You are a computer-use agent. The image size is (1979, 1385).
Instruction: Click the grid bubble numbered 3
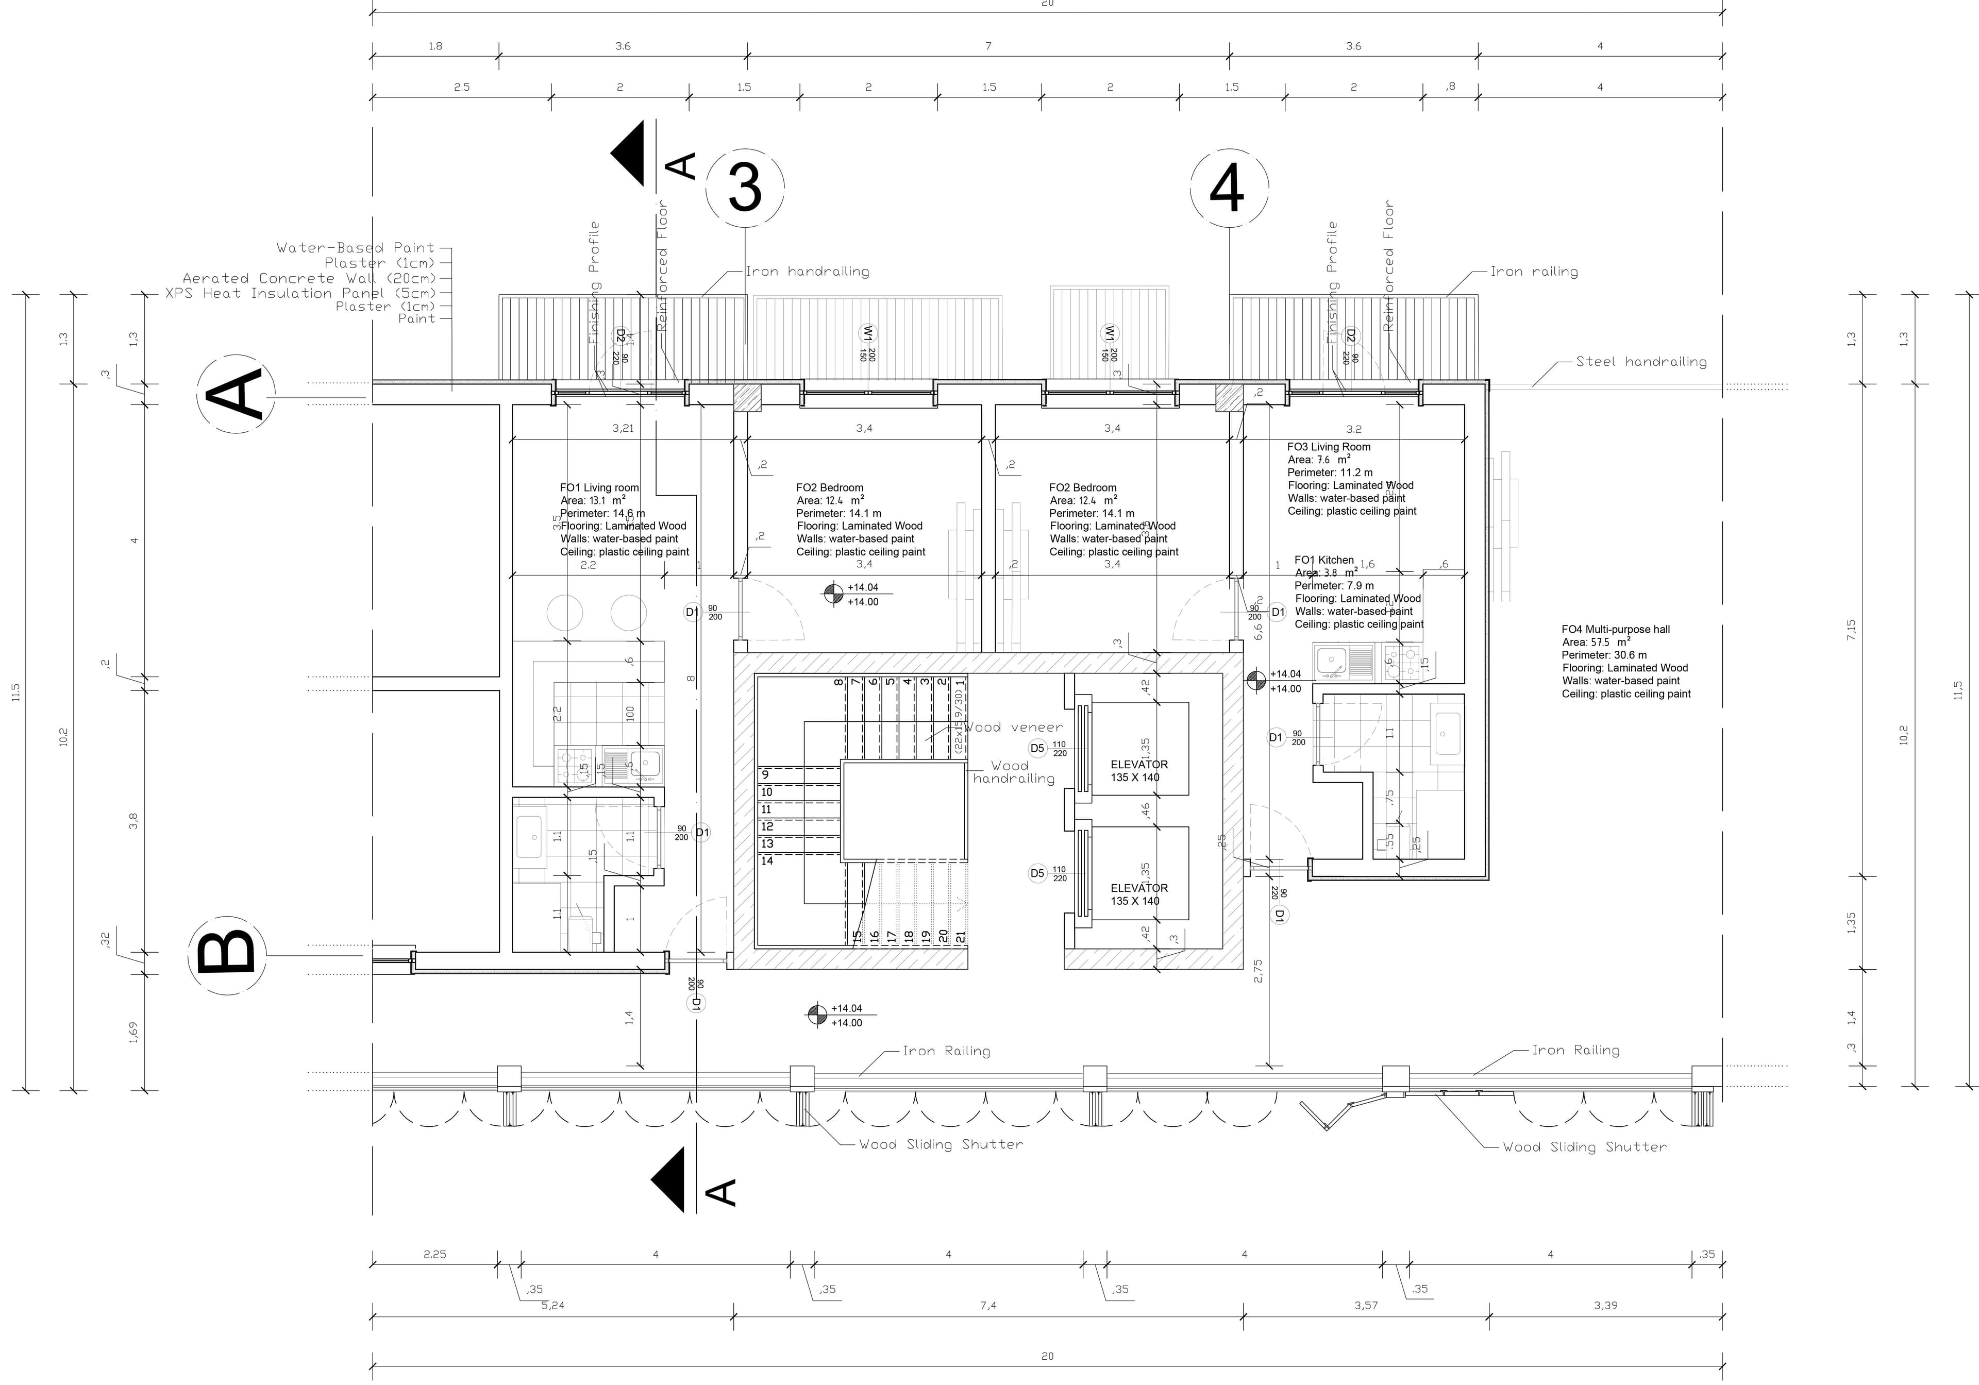pos(745,188)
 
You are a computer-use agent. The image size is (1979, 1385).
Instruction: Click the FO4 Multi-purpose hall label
pos(1615,629)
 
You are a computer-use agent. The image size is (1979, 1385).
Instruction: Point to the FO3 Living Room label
pos(1328,446)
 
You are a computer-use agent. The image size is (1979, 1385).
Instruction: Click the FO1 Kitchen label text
pos(1324,560)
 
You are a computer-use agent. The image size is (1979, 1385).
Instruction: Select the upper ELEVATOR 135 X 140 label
pos(1138,770)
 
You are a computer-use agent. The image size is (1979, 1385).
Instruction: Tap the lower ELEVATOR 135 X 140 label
pos(1138,894)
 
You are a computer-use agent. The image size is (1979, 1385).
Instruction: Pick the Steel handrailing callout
pos(1641,362)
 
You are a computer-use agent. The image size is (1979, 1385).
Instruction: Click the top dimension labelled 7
pos(988,46)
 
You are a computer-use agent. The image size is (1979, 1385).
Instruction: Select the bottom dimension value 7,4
pos(988,1306)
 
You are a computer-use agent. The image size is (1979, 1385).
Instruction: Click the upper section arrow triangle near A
pos(631,154)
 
